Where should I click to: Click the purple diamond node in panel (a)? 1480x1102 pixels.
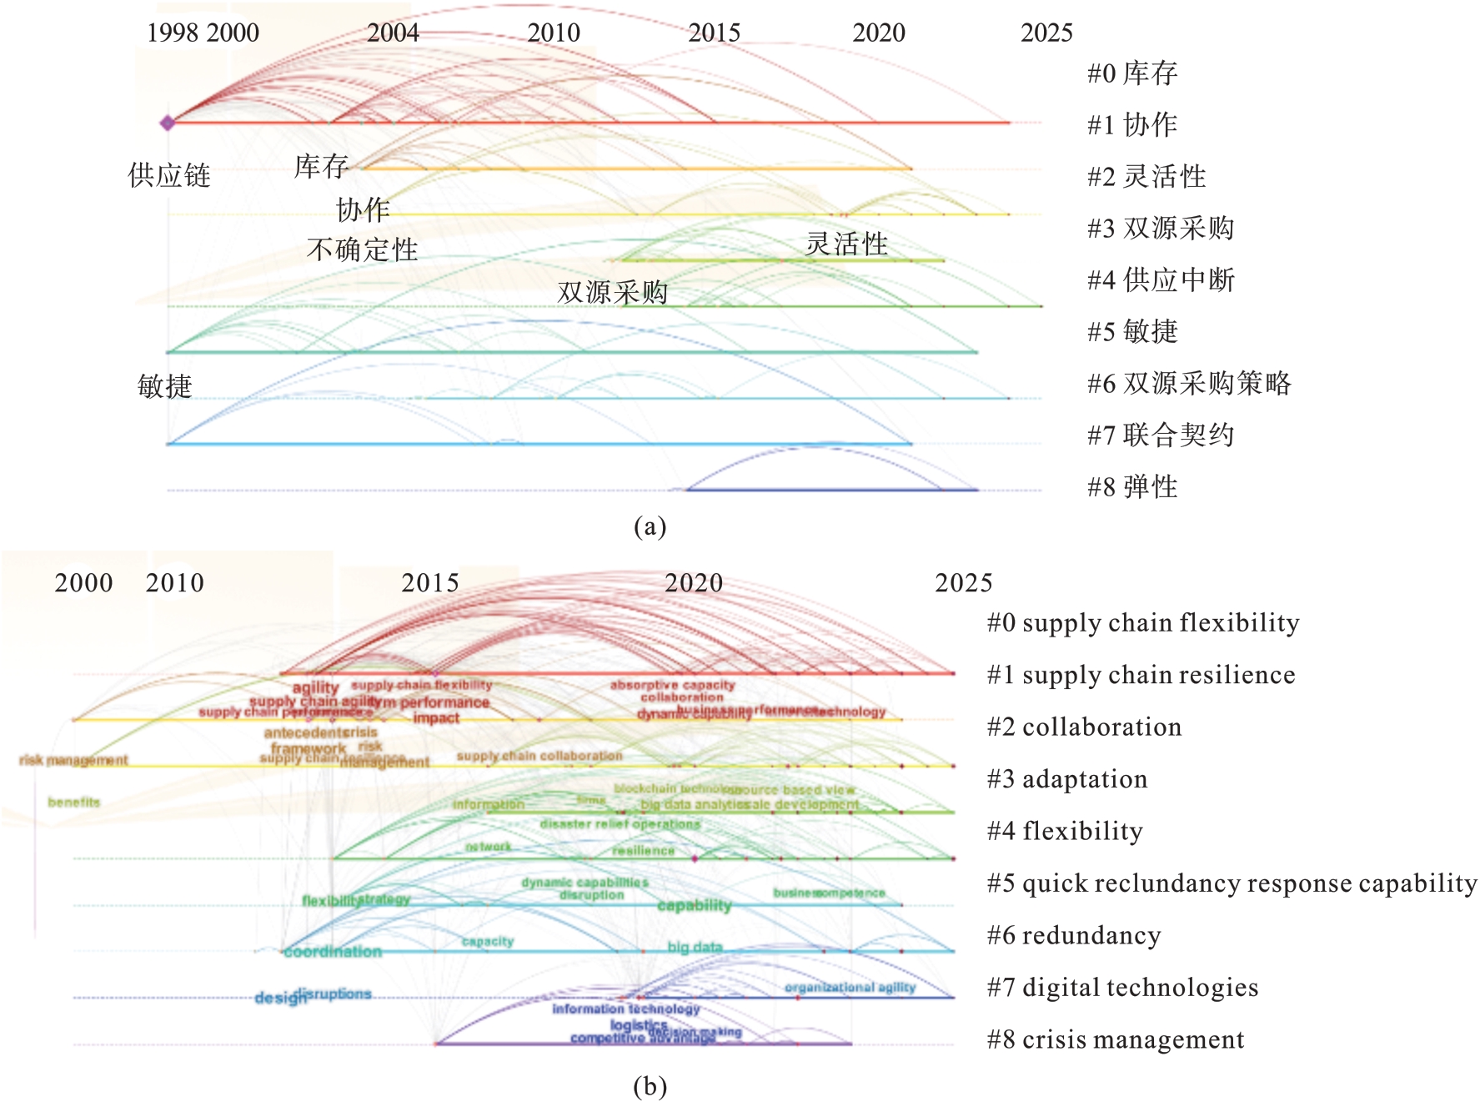point(168,123)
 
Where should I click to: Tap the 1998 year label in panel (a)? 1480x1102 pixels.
point(173,33)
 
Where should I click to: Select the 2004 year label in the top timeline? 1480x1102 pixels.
point(393,33)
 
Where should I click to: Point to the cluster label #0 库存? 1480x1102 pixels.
point(1132,73)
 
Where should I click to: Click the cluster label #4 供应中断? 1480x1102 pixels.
point(1161,280)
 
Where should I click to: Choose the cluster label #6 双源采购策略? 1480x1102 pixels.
point(1189,384)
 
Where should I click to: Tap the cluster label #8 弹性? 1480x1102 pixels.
point(1132,487)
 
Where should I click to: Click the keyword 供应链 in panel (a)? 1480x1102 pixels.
point(169,175)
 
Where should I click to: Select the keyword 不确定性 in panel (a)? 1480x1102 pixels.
point(362,249)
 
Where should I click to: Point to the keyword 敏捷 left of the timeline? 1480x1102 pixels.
point(165,386)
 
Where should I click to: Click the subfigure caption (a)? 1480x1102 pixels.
point(650,526)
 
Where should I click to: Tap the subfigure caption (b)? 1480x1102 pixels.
point(650,1086)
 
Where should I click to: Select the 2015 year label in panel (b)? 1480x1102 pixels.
point(430,583)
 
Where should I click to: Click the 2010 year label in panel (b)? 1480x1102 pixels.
point(175,583)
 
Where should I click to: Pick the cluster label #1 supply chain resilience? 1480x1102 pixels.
point(1141,675)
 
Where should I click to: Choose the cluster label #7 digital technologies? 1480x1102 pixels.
point(1122,988)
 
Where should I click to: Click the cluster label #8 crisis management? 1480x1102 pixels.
point(1116,1040)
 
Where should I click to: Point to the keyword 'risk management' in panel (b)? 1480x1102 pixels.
point(73,760)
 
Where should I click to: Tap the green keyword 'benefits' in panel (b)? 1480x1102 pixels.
point(74,803)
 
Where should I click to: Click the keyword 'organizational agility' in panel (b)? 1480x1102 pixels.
point(850,988)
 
